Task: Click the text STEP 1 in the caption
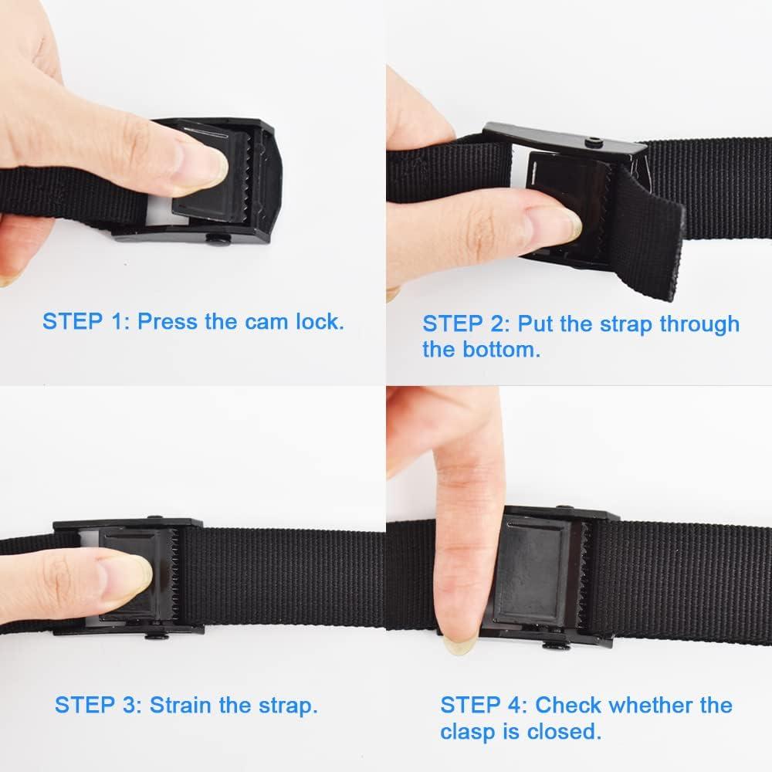[x=85, y=321]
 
